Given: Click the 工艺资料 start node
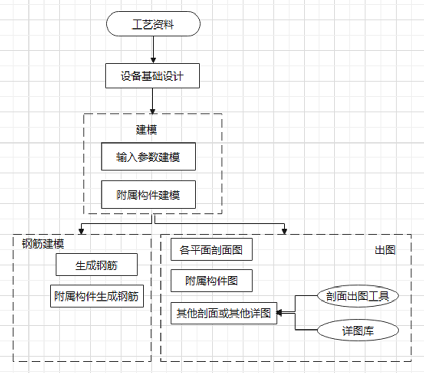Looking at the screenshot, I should [x=153, y=24].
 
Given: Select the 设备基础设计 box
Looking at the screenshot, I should [x=152, y=76].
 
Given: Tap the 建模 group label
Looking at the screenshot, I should [x=147, y=130].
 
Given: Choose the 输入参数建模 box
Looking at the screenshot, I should [x=148, y=156].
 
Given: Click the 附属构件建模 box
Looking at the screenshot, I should [x=148, y=195].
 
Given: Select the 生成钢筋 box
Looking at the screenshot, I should [x=97, y=265].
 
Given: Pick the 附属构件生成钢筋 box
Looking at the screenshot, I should [x=97, y=296].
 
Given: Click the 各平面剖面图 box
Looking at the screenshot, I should [x=211, y=250].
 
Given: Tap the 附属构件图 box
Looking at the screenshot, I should [x=211, y=281].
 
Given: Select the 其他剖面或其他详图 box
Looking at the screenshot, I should [x=224, y=313].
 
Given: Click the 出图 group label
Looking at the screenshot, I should [x=385, y=250].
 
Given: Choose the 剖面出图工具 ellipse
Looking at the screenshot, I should [x=358, y=296].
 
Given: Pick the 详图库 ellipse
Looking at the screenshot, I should [x=358, y=330].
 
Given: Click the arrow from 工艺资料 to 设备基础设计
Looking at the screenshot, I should [x=153, y=49].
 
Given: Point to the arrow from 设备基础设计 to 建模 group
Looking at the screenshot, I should [x=153, y=101].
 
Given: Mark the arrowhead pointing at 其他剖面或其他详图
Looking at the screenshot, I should [x=280, y=313].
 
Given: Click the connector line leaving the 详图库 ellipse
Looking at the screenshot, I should [x=305, y=329].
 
